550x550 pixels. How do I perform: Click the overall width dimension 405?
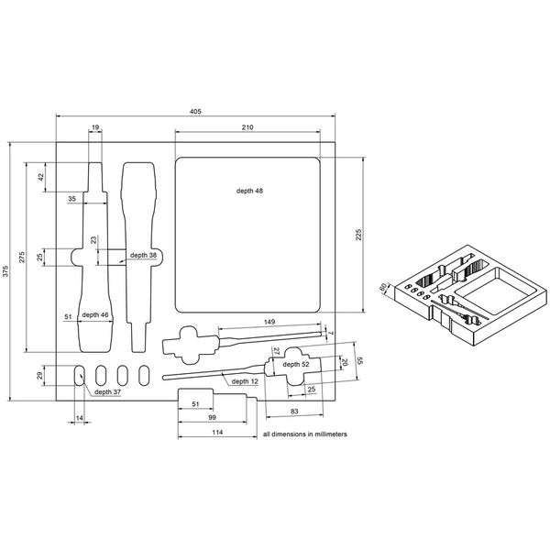[x=195, y=111]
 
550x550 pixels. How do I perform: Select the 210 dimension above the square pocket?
[x=247, y=127]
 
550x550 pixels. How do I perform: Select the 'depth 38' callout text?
[x=142, y=255]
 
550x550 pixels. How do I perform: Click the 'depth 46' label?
[x=94, y=315]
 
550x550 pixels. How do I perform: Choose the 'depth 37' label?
[x=106, y=391]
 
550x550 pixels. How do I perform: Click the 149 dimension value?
[x=269, y=322]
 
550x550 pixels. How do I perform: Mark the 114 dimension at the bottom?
[x=216, y=432]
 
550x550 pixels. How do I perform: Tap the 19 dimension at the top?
[x=95, y=127]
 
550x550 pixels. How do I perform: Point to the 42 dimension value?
[x=40, y=177]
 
